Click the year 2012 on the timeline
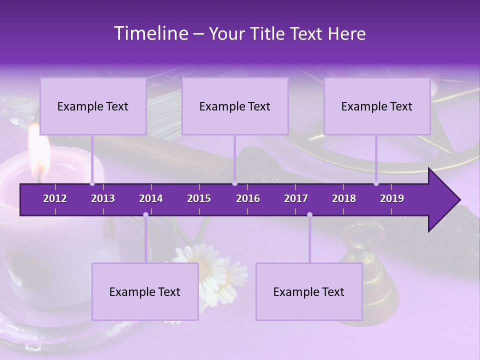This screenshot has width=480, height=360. (55, 198)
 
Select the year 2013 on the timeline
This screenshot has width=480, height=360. (103, 198)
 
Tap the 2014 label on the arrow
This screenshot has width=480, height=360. (151, 198)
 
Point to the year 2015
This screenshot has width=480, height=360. (199, 198)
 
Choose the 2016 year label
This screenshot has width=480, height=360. (248, 198)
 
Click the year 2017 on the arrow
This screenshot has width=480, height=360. (296, 198)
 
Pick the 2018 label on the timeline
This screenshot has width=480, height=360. (344, 198)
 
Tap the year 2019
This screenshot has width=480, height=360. (392, 198)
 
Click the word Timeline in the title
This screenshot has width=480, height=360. (150, 33)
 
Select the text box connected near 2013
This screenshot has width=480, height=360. (93, 106)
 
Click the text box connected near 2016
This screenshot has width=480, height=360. (235, 106)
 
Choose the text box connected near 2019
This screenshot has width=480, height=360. (377, 106)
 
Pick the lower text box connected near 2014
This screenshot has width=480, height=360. (145, 291)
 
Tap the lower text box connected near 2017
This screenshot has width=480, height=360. (309, 291)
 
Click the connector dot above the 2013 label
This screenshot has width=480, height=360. (92, 183)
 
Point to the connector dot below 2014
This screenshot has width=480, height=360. (145, 214)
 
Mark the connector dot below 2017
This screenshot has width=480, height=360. (309, 214)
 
